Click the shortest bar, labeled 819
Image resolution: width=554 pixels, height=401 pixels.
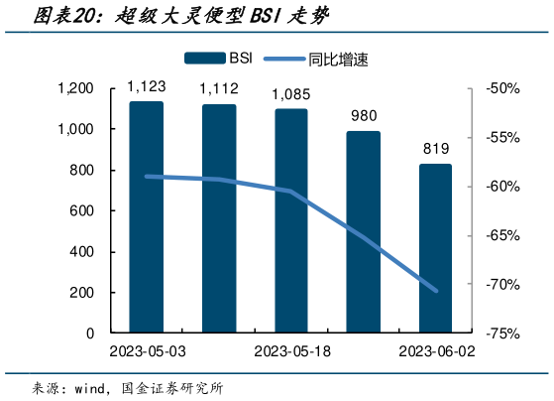[435, 247]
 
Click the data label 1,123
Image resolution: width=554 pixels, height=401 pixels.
[147, 89]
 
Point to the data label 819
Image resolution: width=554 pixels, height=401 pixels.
[436, 150]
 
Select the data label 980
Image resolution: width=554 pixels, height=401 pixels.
[364, 116]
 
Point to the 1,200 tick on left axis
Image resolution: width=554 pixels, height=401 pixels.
[75, 89]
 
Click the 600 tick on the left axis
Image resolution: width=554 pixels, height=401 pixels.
[82, 211]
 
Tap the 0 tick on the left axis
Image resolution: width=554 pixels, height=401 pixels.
[90, 334]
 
